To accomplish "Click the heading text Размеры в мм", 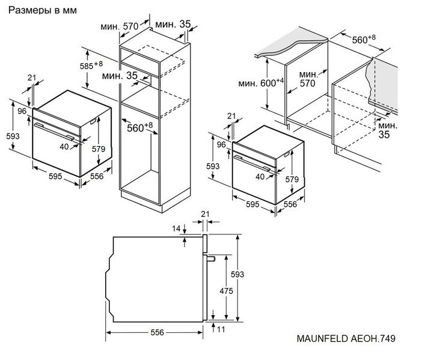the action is point(43,10).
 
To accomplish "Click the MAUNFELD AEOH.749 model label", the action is point(346,338).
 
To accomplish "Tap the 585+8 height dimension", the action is point(91,66).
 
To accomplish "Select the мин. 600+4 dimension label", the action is point(261,82).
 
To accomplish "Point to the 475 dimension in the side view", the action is point(226,291).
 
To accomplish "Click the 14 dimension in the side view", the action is point(177,228).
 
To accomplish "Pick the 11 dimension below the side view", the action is point(221,329).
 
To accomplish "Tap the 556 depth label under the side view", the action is point(157,332).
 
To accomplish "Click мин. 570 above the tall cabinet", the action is point(120,26).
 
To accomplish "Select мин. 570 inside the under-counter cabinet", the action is point(308,79).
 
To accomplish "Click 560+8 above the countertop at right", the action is point(364,39).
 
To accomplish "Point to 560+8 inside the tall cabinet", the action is point(139,127).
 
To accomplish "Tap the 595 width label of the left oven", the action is point(55,176).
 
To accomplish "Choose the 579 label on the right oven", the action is point(292,179).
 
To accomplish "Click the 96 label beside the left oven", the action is point(22,111).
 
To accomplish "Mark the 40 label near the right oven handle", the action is point(260,177).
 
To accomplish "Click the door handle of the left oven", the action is point(54,132).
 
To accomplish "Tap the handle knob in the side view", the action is point(211,258).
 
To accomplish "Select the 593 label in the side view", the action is point(237,274).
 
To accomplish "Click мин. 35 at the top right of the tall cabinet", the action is point(173,24).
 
